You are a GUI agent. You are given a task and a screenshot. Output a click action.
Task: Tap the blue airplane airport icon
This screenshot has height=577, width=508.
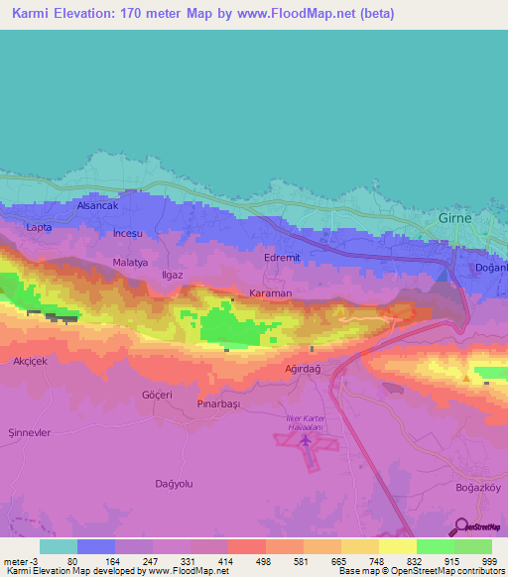307,438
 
